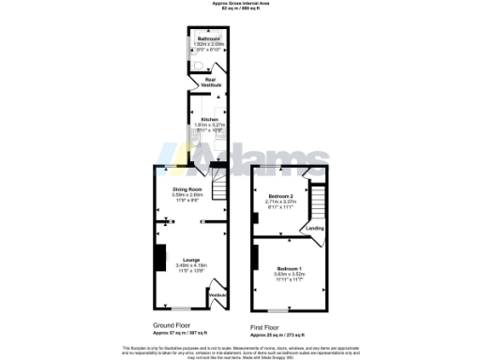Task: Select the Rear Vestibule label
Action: tap(212, 82)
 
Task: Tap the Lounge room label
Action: tap(190, 260)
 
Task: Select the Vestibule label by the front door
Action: tap(217, 295)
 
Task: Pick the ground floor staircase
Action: tap(218, 193)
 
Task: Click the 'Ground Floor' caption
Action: tap(173, 324)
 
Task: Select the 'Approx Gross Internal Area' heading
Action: tap(240, 4)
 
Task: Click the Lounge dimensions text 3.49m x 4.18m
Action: tap(190, 266)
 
